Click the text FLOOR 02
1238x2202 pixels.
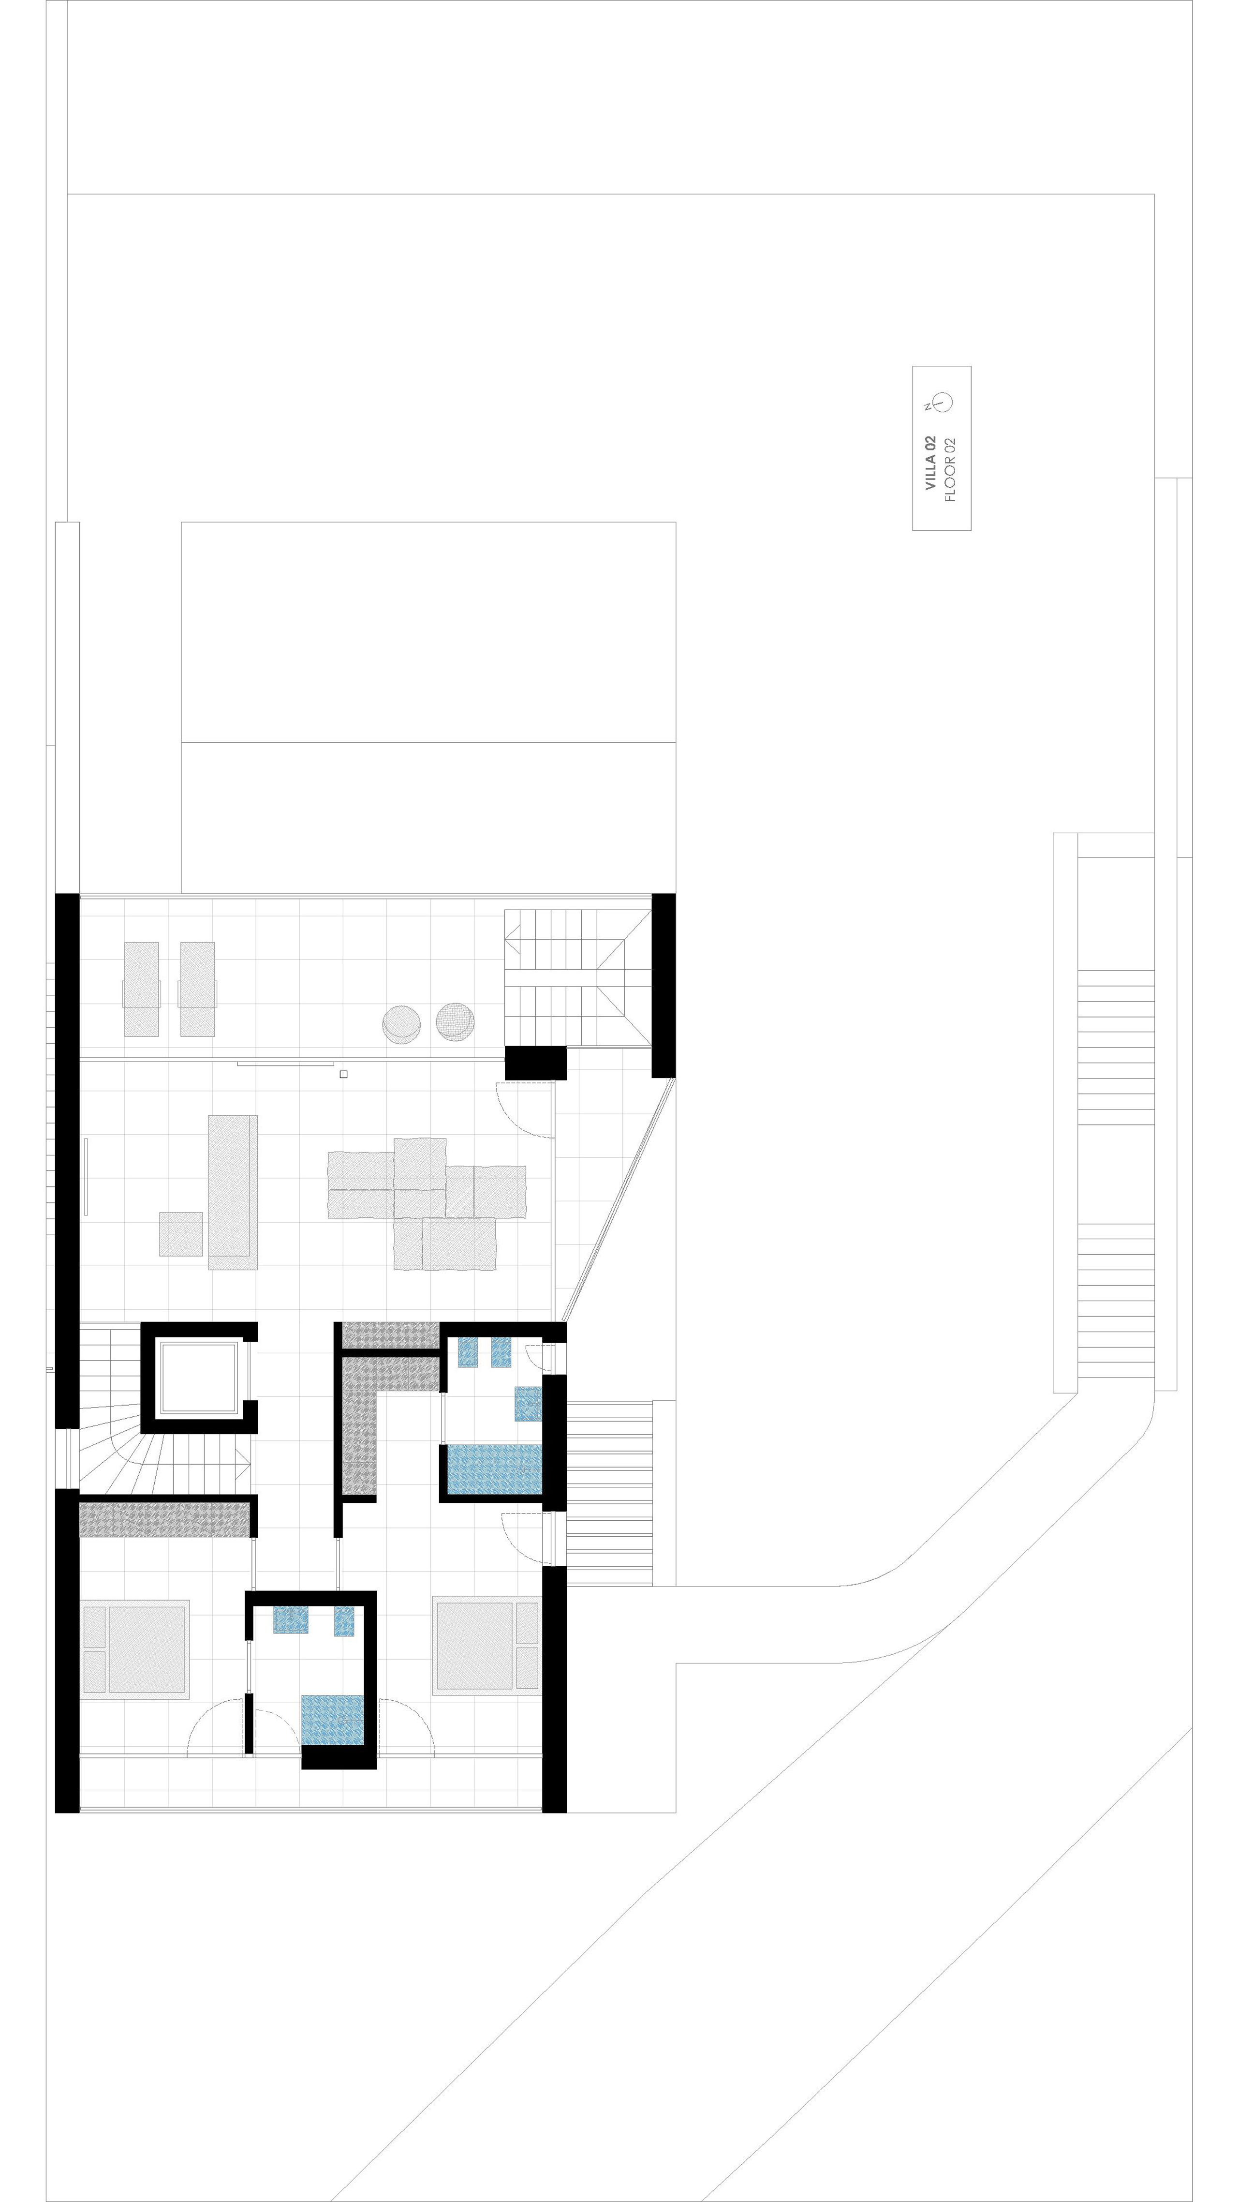point(951,469)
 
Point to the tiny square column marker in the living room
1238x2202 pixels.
point(343,1075)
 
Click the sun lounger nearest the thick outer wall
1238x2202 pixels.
point(142,989)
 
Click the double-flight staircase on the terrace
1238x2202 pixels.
point(577,977)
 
